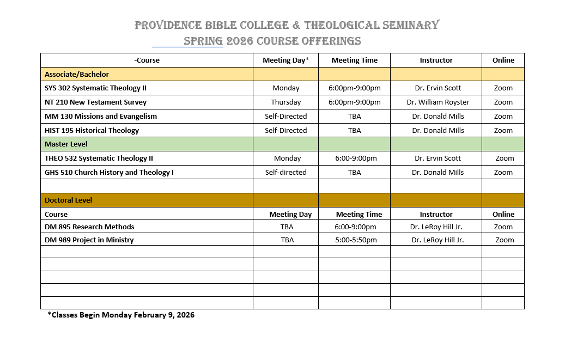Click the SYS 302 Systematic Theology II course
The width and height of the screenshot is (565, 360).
(x=95, y=88)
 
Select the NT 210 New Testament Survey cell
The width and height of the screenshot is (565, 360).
(x=95, y=102)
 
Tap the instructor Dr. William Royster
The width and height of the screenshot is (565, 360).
(x=438, y=102)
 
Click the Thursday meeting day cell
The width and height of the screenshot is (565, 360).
(x=285, y=102)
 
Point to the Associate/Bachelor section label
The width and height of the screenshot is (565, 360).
(x=77, y=74)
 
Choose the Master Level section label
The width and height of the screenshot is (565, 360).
(x=66, y=144)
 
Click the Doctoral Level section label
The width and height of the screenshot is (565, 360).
(x=68, y=200)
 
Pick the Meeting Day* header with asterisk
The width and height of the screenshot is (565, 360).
(x=285, y=60)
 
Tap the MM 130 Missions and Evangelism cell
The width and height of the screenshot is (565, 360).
(x=100, y=117)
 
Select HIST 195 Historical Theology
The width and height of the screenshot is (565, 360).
(x=92, y=131)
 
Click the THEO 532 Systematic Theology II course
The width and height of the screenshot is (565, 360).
(x=99, y=158)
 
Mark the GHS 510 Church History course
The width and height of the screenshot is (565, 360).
(x=109, y=173)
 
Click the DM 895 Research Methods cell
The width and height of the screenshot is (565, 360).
(x=89, y=227)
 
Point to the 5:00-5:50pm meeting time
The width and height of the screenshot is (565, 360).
(x=355, y=240)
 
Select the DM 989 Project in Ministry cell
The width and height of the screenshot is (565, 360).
(x=89, y=240)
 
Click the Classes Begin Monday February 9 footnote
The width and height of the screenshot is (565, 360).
(x=121, y=315)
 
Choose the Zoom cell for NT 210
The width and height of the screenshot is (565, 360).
(x=503, y=102)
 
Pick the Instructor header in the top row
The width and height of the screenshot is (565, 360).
(x=436, y=60)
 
